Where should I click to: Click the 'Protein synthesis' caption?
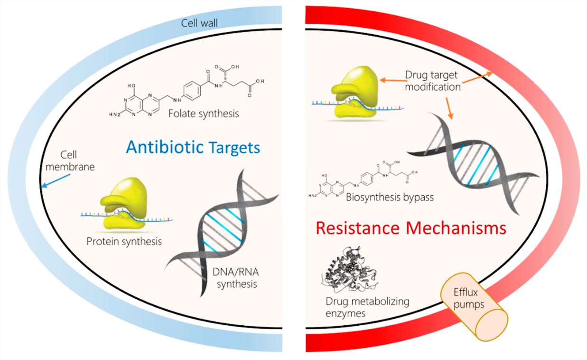click(x=124, y=241)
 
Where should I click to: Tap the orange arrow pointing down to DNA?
click(x=448, y=107)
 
